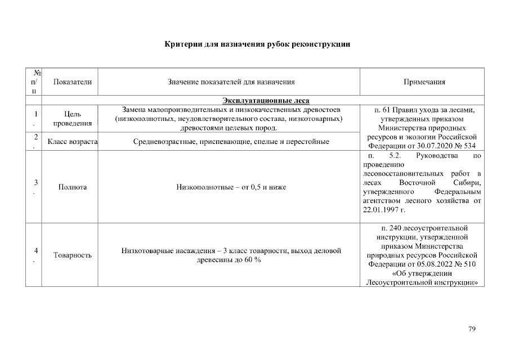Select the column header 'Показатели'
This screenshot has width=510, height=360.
pos(72,82)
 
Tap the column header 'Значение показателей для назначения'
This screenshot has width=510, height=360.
pos(231,82)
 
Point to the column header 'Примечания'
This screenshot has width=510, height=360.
pos(424,82)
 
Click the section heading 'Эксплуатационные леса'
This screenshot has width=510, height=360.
pos(262,100)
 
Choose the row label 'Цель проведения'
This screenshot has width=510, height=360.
pos(73,119)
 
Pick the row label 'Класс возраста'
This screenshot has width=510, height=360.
pos(73,141)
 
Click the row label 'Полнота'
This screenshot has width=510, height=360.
pos(73,187)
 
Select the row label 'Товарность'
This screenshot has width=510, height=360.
pos(73,255)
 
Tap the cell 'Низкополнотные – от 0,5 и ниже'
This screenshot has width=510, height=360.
pos(230,187)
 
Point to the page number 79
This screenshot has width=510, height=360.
pos(472,329)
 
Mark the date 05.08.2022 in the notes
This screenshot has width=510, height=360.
pos(435,264)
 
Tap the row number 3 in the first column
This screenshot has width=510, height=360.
pos(35,182)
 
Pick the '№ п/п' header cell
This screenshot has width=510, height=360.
pos(35,82)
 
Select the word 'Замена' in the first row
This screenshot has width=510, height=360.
pos(134,109)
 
